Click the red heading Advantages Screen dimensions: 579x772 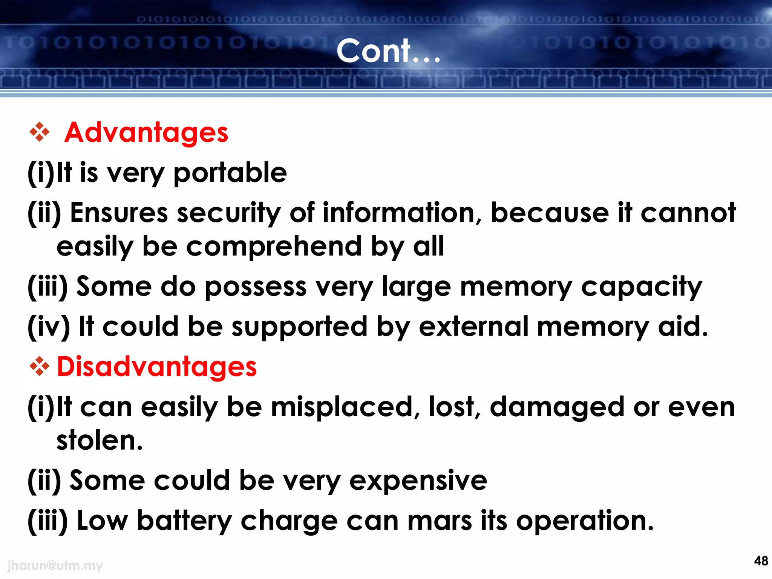coord(146,133)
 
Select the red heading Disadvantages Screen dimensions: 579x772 coord(157,367)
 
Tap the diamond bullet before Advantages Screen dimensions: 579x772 coord(39,132)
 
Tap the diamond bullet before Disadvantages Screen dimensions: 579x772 coord(39,366)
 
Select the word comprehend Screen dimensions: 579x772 coord(274,247)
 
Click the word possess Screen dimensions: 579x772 coord(256,287)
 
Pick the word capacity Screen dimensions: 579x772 coord(642,287)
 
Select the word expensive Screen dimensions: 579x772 coord(418,481)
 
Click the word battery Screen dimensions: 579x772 coord(184,521)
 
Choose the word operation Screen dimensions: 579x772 coord(585,521)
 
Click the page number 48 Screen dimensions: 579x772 coord(761,561)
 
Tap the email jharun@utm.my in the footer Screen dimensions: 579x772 coord(55,565)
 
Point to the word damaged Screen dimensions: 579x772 coord(557,407)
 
